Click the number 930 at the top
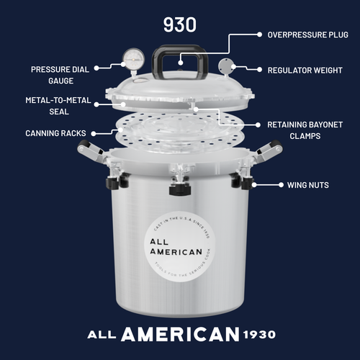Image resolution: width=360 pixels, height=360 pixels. [179, 24]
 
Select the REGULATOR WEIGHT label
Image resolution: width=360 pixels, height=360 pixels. [305, 70]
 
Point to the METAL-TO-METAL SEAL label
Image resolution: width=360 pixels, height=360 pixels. [58, 106]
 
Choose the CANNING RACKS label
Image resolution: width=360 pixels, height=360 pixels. [55, 133]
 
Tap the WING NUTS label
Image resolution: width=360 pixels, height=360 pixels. [308, 185]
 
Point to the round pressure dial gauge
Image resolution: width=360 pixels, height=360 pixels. [132, 58]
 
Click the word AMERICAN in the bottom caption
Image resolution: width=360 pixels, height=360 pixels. [180, 334]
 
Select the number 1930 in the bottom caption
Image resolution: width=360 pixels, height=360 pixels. [258, 335]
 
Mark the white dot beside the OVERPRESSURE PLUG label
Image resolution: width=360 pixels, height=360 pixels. [258, 35]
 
